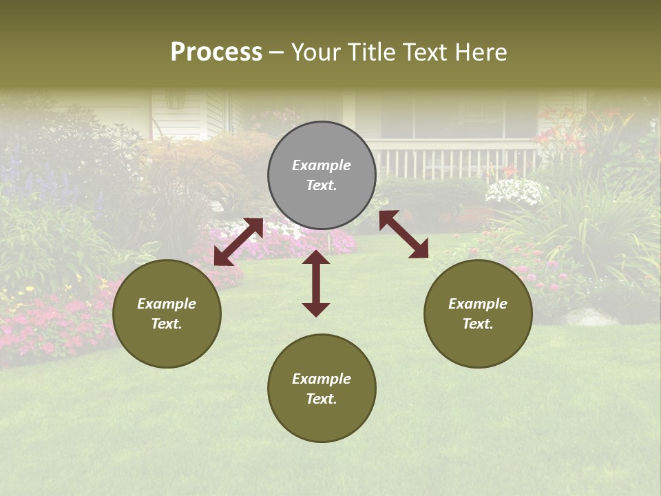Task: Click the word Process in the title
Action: [216, 52]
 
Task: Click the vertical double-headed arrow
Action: [316, 283]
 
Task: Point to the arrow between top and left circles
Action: [238, 242]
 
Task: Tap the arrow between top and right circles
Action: [404, 234]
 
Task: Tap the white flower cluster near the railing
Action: [515, 191]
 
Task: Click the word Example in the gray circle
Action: [322, 165]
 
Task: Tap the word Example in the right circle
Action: [478, 304]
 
